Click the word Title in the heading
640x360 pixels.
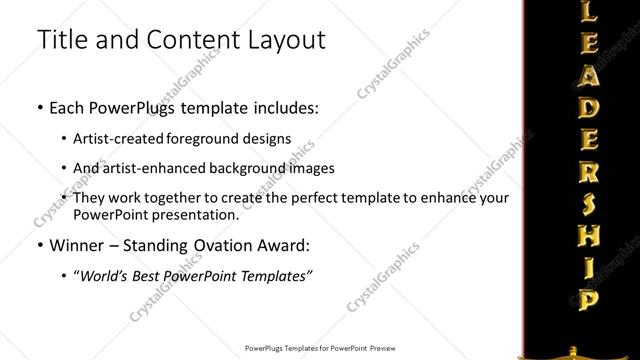tap(61, 41)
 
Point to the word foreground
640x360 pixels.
tap(212, 138)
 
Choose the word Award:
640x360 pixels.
tap(285, 244)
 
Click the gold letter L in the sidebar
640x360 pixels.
tap(590, 12)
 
